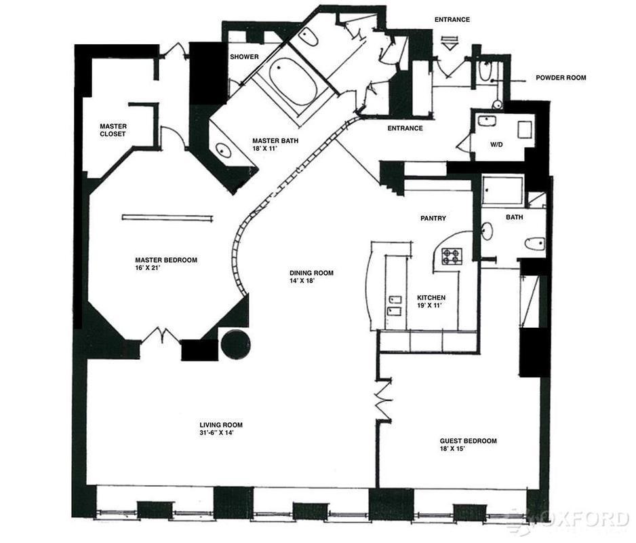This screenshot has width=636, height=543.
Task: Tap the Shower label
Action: pyautogui.click(x=244, y=57)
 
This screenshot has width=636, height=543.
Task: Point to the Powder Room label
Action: pyautogui.click(x=561, y=78)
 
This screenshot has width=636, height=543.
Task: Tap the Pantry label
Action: pyautogui.click(x=432, y=219)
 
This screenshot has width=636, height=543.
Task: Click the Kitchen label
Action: pyautogui.click(x=431, y=298)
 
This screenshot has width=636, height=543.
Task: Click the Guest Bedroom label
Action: pyautogui.click(x=468, y=441)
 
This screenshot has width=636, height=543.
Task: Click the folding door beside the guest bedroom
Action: pyautogui.click(x=384, y=400)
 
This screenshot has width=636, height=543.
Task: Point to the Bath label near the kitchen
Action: pyautogui.click(x=513, y=217)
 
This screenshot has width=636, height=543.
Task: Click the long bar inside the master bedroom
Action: pyautogui.click(x=167, y=217)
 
